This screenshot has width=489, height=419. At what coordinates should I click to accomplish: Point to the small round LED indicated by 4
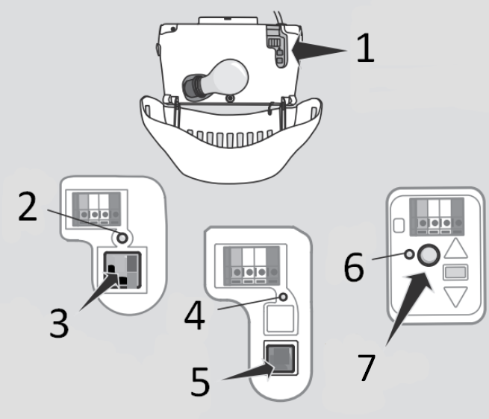[283, 297]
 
